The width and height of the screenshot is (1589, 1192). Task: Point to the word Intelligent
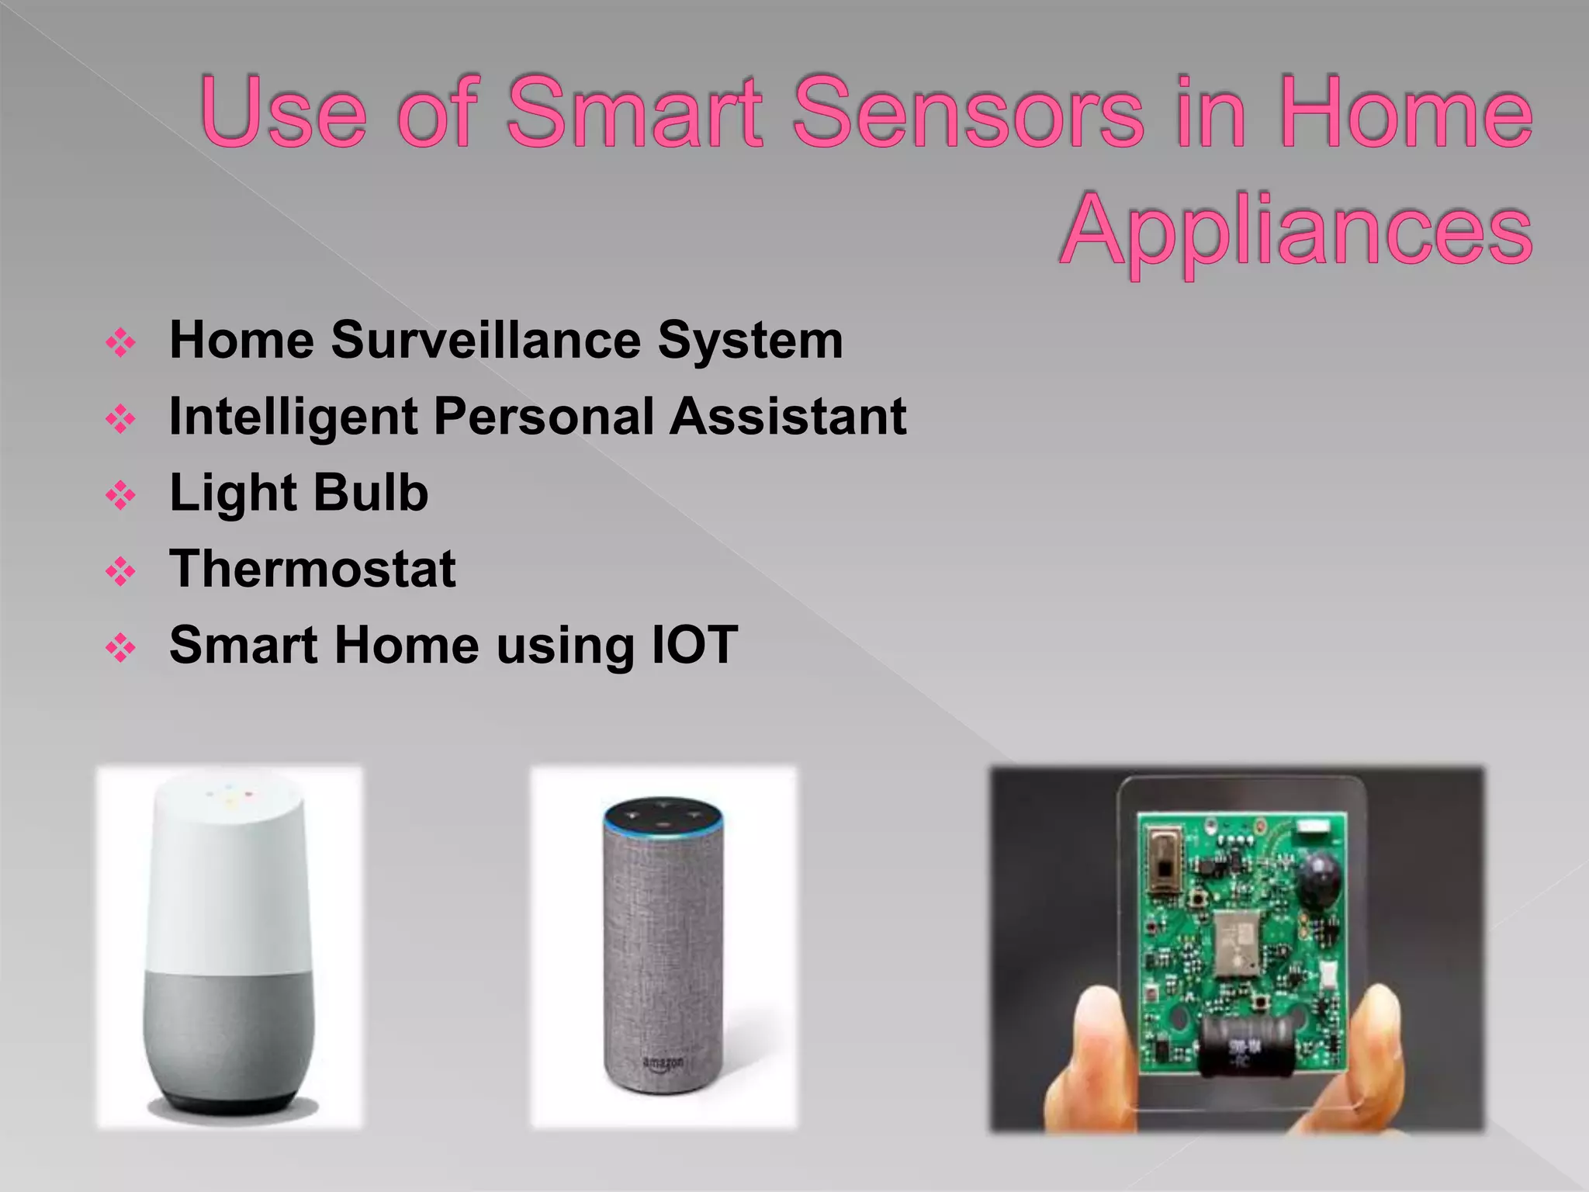[x=293, y=416]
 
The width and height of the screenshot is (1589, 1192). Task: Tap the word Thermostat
[x=313, y=569]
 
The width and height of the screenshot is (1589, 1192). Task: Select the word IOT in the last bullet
[x=694, y=645]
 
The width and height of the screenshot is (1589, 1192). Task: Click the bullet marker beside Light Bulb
[x=121, y=495]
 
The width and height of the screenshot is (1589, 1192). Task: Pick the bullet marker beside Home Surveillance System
[x=121, y=342]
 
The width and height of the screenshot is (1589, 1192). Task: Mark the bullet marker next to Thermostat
[x=121, y=572]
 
